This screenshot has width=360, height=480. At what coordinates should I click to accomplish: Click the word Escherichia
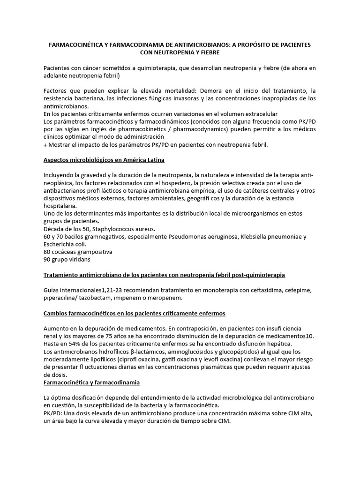pyautogui.click(x=58, y=244)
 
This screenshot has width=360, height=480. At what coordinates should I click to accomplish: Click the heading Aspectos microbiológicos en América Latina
pyautogui.click(x=104, y=160)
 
